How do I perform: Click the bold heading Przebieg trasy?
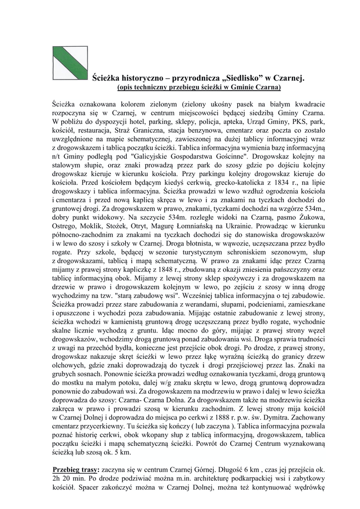click(76, 470)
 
